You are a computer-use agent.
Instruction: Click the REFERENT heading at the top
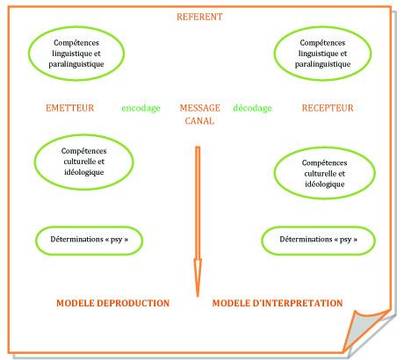tap(199, 17)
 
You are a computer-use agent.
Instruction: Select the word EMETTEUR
tap(70, 108)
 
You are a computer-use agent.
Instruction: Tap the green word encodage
tap(141, 108)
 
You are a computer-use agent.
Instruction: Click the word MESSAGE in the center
tap(200, 108)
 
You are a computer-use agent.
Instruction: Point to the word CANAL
tap(199, 120)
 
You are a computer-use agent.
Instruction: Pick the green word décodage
tap(252, 108)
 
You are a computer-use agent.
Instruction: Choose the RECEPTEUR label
tap(328, 108)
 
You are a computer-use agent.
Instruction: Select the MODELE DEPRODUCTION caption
tap(113, 303)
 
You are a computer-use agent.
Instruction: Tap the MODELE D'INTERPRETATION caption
tap(278, 303)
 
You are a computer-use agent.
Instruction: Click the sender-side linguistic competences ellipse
tap(76, 27)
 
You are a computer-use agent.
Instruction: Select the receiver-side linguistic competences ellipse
tap(323, 27)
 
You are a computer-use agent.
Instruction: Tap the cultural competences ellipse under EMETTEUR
tap(84, 135)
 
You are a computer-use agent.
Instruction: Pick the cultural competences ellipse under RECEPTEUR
tap(325, 148)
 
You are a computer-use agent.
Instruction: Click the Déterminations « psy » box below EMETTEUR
tap(90, 227)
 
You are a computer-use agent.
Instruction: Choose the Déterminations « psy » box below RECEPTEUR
tap(318, 227)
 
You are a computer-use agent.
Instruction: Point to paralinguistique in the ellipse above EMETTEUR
tap(76, 64)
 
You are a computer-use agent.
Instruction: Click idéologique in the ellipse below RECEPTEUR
tap(325, 184)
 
